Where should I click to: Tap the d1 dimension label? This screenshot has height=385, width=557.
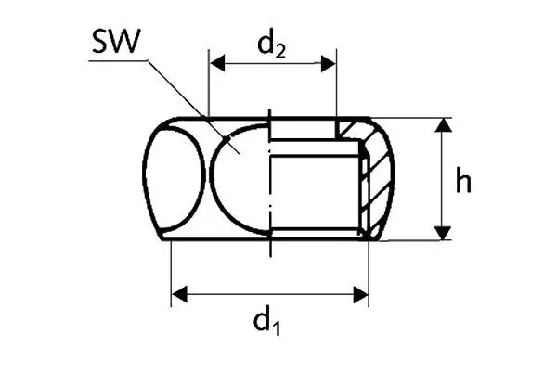point(267,324)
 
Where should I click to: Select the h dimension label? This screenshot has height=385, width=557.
point(464,181)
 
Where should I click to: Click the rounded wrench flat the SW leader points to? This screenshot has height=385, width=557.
point(238,181)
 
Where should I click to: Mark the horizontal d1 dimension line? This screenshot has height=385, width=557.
point(269,295)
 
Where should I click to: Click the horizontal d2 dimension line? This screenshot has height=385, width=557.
point(272,64)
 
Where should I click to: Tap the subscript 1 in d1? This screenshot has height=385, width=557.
point(277,330)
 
